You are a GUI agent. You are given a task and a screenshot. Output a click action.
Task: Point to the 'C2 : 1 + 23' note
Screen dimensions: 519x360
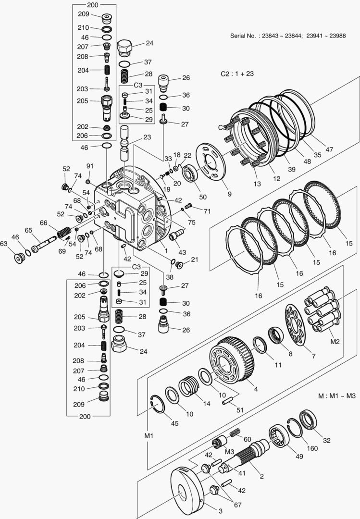236,74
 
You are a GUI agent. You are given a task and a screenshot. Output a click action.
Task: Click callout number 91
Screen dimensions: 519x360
89,166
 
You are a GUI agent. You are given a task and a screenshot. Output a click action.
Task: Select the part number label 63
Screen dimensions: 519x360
4,244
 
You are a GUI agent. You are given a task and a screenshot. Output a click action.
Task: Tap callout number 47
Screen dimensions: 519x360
329,150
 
